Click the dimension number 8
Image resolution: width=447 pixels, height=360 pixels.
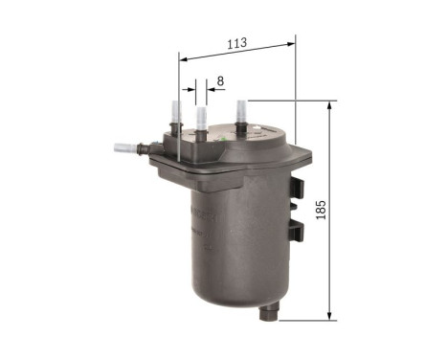click(219, 82)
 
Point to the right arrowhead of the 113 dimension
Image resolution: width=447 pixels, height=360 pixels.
click(292, 41)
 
